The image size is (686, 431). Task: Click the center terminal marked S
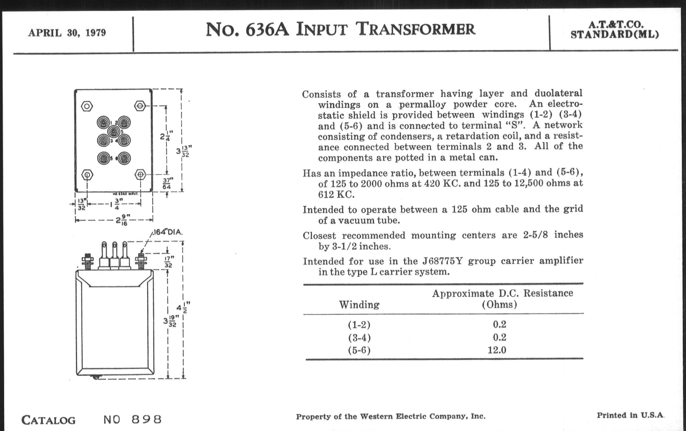pyautogui.click(x=114, y=132)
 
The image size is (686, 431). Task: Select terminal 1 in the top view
pyautogui.click(x=103, y=123)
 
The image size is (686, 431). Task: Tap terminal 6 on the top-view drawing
pyautogui.click(x=124, y=158)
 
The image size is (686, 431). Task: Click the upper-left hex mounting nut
pyautogui.click(x=87, y=106)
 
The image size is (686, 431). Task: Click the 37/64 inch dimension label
pyautogui.click(x=167, y=184)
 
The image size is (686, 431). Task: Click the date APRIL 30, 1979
pyautogui.click(x=67, y=33)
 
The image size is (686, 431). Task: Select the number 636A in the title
pyautogui.click(x=267, y=30)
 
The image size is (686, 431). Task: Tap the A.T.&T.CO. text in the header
pyautogui.click(x=615, y=25)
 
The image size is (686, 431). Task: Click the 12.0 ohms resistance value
pyautogui.click(x=497, y=350)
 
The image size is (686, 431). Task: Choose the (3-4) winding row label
pyautogui.click(x=359, y=337)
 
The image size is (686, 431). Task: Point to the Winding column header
pyautogui.click(x=359, y=305)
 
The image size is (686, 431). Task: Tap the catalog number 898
pyautogui.click(x=147, y=419)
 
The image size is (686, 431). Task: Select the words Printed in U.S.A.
pyautogui.click(x=630, y=415)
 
